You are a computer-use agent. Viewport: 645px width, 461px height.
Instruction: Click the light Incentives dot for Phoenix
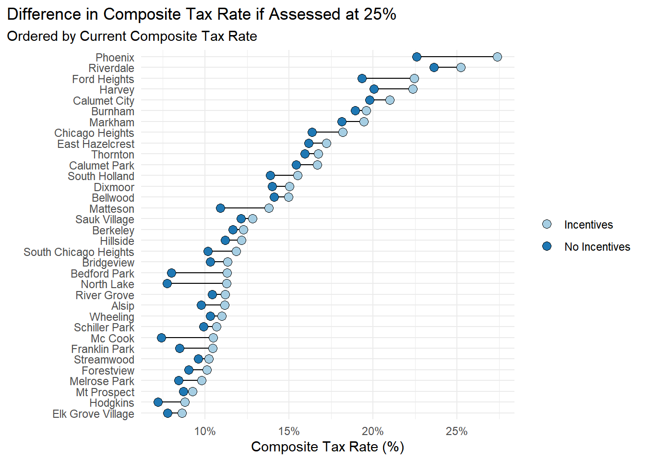[x=497, y=57]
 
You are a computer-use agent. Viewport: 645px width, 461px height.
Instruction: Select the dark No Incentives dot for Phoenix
[x=417, y=57]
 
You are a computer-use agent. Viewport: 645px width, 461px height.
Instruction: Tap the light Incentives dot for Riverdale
[x=461, y=67]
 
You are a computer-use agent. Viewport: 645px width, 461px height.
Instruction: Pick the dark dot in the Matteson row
[x=220, y=208]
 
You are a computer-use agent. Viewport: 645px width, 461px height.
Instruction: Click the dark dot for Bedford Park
[x=171, y=273]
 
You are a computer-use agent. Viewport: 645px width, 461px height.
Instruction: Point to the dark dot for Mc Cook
[x=161, y=338]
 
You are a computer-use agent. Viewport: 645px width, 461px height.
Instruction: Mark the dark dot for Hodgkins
[x=158, y=402]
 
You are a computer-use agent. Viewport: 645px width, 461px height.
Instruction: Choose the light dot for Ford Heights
[x=414, y=78]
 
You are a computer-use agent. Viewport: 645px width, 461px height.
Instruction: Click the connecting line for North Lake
[x=197, y=284]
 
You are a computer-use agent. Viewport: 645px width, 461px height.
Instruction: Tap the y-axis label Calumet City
[x=104, y=101]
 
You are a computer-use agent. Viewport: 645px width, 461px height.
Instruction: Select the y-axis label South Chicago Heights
[x=79, y=252]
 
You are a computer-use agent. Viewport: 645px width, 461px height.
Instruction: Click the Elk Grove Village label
[x=93, y=414]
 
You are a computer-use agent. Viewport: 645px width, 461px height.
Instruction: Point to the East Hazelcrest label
[x=96, y=144]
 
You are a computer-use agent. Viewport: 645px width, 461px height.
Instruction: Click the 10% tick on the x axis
[x=205, y=431]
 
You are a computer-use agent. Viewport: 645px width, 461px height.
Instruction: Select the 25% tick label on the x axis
[x=456, y=431]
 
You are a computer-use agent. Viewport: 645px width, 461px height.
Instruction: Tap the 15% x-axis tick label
[x=289, y=431]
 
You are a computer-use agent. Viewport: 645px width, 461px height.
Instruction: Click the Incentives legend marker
[x=547, y=224]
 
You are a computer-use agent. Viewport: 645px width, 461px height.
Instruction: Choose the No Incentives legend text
[x=597, y=247]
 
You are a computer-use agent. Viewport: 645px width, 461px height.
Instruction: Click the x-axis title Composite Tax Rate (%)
[x=327, y=447]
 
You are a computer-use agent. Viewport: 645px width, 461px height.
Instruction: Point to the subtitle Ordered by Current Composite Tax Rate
[x=132, y=36]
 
